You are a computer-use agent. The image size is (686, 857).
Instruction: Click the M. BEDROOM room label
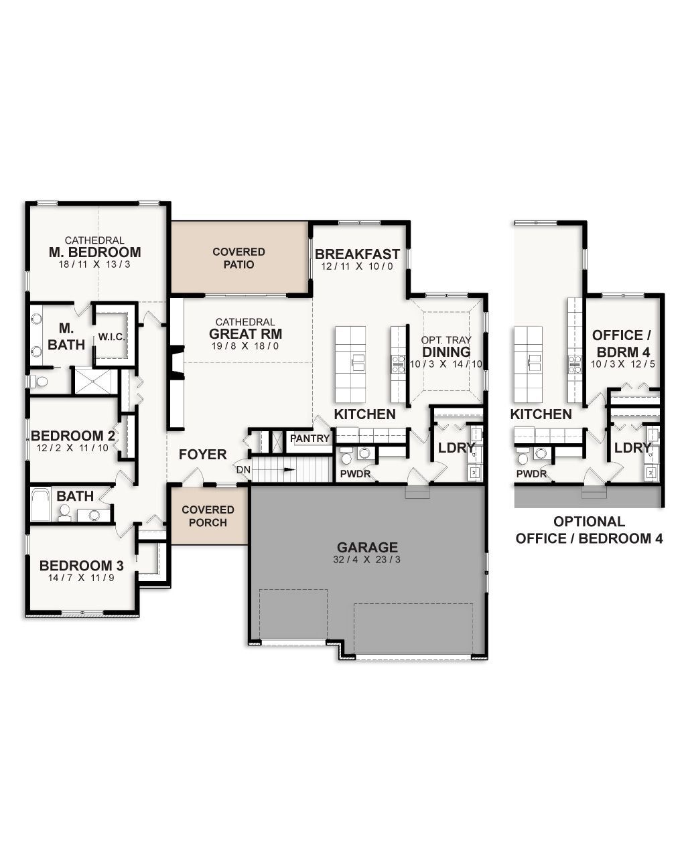coord(94,252)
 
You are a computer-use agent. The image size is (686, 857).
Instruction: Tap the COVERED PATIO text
coord(238,258)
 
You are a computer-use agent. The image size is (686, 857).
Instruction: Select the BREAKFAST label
coord(357,254)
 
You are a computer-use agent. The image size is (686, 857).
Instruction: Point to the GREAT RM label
coord(245,334)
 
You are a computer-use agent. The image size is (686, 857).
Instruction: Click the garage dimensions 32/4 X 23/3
coord(367,560)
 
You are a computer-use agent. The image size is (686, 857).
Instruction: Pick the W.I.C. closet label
coord(112,337)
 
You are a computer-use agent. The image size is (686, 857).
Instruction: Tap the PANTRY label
coord(310,439)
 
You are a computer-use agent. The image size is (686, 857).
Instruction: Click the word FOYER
coord(202,455)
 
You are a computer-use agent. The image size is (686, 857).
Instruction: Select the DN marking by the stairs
coord(243,470)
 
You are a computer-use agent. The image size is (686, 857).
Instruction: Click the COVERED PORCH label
coord(208,516)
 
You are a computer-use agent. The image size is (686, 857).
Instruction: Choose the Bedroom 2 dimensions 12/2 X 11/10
coord(70,449)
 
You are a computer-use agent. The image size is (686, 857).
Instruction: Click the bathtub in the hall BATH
coord(41,504)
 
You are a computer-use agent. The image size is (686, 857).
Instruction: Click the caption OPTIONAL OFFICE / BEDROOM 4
coord(589,530)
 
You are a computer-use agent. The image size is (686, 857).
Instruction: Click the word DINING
coord(446,352)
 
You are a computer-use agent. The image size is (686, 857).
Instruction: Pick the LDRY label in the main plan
coord(456,447)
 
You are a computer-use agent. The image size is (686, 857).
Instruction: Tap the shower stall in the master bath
coord(93,381)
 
